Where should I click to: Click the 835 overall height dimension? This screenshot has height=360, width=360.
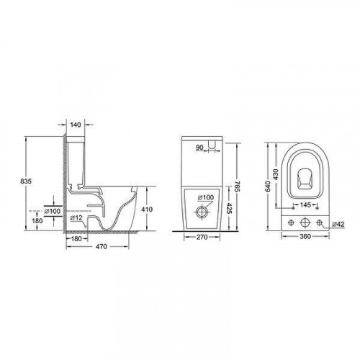coord(26,181)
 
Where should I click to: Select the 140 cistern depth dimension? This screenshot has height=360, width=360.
coord(76,125)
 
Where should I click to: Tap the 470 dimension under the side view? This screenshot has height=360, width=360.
coord(102,246)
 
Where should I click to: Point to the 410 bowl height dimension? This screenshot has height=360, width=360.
coord(147,210)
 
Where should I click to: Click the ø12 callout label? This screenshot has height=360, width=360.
coord(76,218)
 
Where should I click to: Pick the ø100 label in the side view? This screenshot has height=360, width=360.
coord(53,211)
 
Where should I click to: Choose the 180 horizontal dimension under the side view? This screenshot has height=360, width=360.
coord(76,239)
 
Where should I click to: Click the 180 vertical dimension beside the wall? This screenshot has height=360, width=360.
coord(37,220)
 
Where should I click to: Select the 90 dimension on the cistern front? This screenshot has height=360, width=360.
coord(199,148)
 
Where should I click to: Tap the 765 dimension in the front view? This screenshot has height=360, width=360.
coord(237,186)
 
